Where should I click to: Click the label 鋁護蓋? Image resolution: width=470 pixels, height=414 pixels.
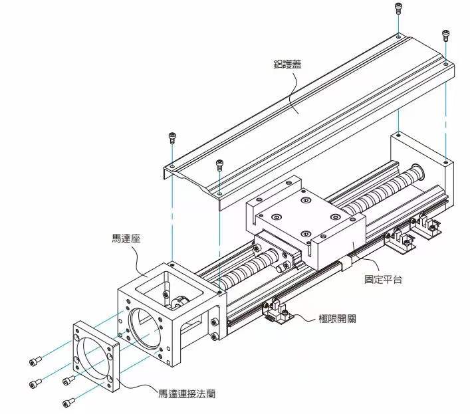[x=291, y=65]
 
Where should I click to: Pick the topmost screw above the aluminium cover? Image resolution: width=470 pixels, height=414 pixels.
[x=398, y=8]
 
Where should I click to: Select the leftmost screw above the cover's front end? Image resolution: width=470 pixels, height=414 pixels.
[x=172, y=138]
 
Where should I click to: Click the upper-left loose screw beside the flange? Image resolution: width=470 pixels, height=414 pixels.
[x=34, y=361]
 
